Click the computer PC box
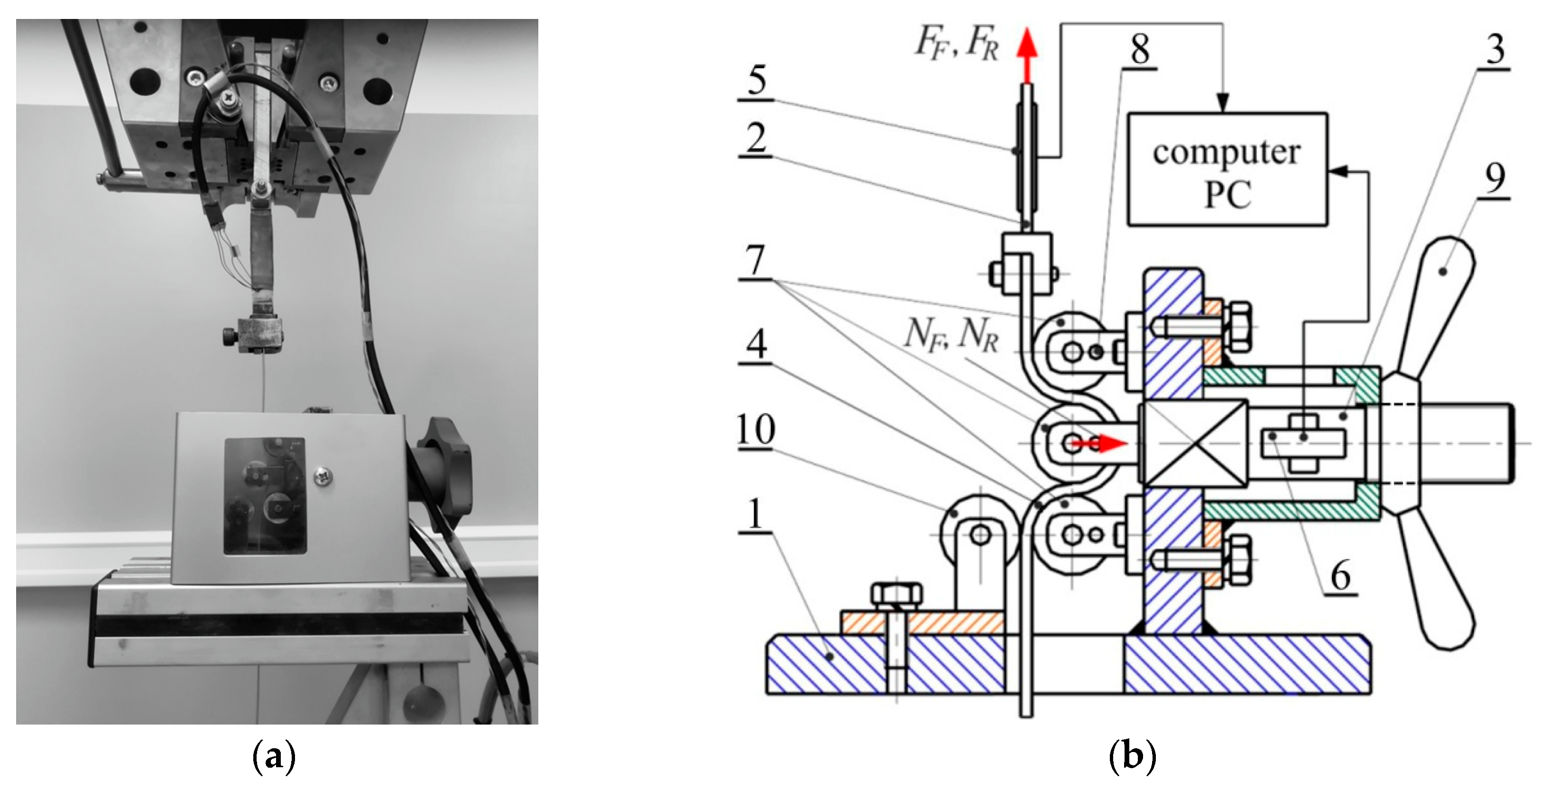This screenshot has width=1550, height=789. [x=1227, y=169]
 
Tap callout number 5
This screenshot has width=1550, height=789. [x=757, y=80]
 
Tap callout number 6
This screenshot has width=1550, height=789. [x=1340, y=576]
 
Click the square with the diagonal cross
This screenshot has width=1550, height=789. [x=1192, y=443]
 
